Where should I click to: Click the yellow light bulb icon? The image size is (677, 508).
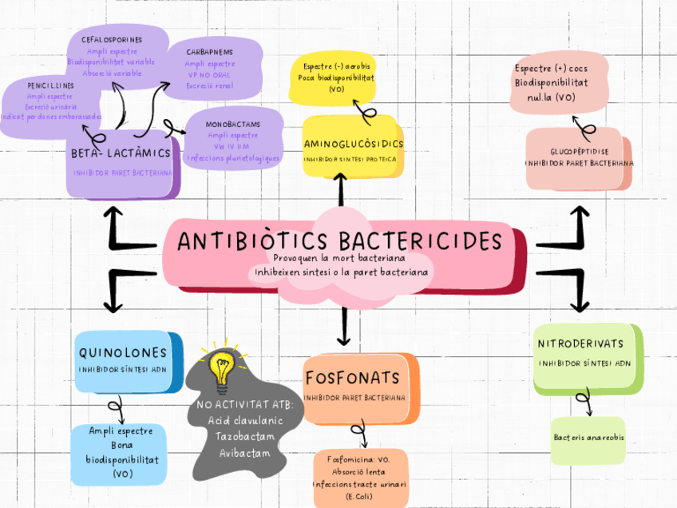pos(219,368)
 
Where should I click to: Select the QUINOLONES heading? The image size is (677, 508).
pos(123,353)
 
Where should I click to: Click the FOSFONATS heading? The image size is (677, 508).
pos(351,376)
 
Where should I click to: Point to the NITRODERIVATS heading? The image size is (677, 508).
pos(580,343)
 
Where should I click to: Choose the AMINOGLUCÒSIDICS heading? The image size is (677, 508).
pos(353,144)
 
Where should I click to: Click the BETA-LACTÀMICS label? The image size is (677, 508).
pos(121,153)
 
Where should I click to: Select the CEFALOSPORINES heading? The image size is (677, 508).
pos(112,38)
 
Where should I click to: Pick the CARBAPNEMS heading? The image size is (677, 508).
pos(211,51)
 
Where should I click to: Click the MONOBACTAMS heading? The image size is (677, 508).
pos(232,125)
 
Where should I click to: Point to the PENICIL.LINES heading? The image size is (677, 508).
pos(50,85)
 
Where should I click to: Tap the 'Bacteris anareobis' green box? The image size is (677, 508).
pos(588,439)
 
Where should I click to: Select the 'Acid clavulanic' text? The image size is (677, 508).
pos(245,420)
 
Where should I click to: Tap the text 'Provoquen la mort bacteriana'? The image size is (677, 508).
pos(338,259)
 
